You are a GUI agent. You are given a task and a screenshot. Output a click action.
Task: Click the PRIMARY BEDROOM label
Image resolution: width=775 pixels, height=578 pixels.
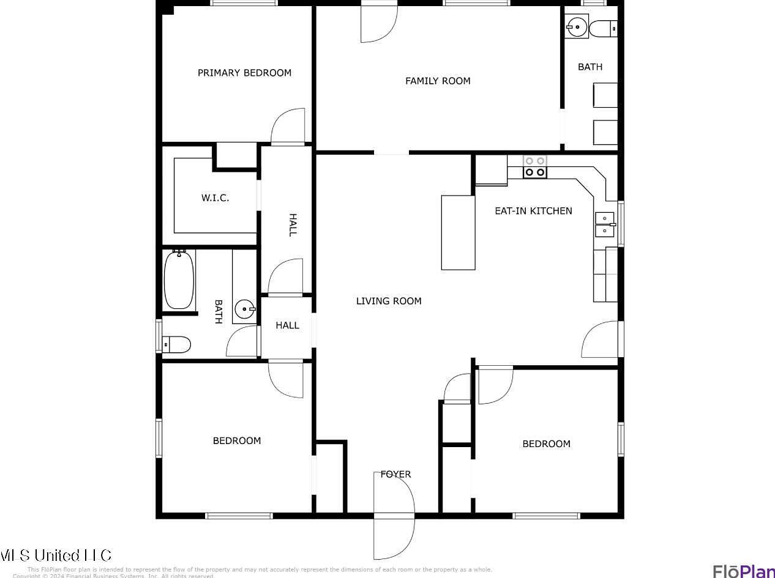click(x=244, y=73)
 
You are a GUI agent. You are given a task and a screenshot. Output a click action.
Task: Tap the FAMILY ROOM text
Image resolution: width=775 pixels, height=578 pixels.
click(x=438, y=81)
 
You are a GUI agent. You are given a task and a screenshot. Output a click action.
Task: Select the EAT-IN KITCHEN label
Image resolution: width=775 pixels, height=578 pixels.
click(x=533, y=211)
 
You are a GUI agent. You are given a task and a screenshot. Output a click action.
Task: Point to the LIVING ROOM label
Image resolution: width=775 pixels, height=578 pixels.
click(x=389, y=301)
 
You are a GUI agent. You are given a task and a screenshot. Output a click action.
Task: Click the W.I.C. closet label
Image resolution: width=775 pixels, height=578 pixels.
click(x=215, y=198)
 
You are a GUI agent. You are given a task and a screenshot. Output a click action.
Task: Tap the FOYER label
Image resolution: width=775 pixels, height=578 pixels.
click(x=395, y=474)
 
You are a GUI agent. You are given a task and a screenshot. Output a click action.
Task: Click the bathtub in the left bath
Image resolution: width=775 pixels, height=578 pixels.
click(x=179, y=280)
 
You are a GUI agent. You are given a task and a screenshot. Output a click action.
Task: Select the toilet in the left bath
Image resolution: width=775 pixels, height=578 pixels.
click(x=177, y=345)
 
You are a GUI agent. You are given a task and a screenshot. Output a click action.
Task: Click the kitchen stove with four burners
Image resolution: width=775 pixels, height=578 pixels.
click(x=535, y=167)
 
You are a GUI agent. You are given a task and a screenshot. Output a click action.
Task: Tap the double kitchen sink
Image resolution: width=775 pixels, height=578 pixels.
click(x=605, y=224)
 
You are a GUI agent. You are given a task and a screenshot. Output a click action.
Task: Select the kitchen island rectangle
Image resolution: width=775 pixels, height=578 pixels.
click(x=459, y=232)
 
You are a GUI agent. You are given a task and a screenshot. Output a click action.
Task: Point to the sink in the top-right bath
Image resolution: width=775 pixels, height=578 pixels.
click(x=577, y=26)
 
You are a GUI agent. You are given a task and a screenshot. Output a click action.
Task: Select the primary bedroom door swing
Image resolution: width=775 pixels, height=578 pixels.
click(x=288, y=127)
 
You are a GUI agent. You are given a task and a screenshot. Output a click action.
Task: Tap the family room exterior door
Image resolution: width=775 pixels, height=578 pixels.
click(x=378, y=23)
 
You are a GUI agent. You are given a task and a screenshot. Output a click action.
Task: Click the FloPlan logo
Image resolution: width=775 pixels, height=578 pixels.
click(x=743, y=570)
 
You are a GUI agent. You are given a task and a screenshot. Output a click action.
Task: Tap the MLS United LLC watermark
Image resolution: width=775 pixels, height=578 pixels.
click(x=56, y=555)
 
